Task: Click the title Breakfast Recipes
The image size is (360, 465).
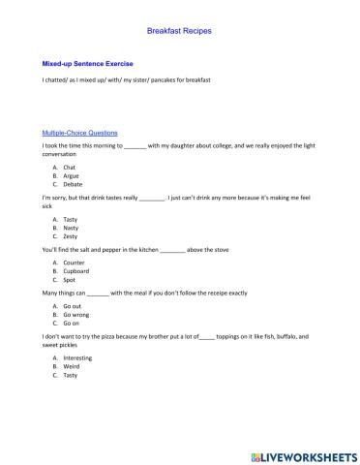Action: click(x=179, y=31)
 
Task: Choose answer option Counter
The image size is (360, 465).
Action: click(x=74, y=263)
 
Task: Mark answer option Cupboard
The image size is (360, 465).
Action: click(x=76, y=271)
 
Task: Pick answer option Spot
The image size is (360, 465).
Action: click(x=69, y=280)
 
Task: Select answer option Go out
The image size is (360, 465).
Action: click(x=72, y=306)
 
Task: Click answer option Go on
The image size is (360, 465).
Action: click(x=71, y=324)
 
